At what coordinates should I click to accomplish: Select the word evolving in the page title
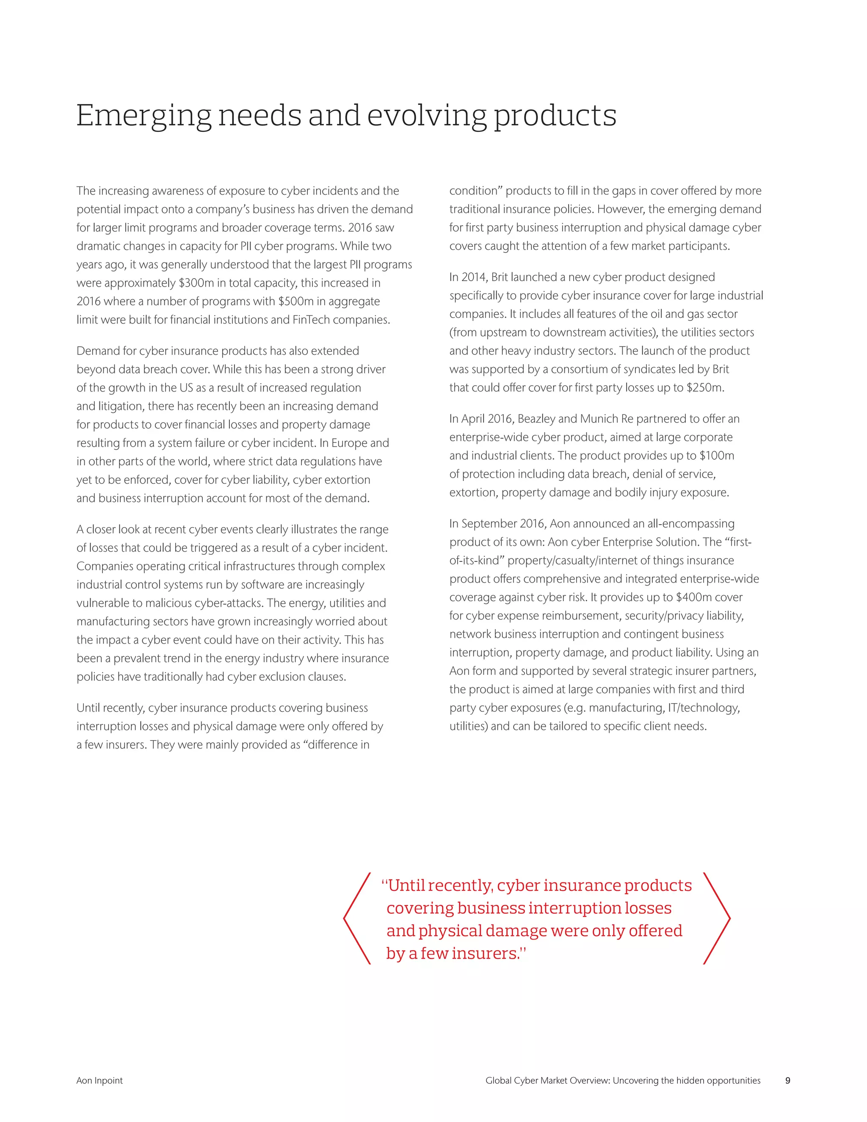tap(426, 116)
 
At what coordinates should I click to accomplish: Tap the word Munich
tap(599, 419)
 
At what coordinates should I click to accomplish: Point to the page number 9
tap(788, 1081)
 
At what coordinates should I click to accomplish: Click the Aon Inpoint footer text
tap(99, 1081)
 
